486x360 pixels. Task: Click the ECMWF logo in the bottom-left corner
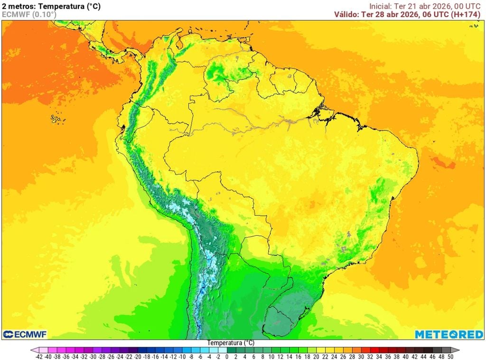[x=25, y=334]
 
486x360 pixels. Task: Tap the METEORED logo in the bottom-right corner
[x=449, y=334]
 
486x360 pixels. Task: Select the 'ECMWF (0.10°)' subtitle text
[x=29, y=15]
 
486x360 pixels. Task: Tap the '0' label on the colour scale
[x=227, y=356]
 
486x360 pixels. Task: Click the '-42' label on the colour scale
[x=39, y=356]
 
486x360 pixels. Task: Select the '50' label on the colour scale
[x=450, y=356]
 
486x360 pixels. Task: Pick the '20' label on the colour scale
[x=316, y=356]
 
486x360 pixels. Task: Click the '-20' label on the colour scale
[x=138, y=356]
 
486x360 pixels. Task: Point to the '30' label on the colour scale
[x=361, y=356]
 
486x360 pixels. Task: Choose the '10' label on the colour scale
[x=271, y=356]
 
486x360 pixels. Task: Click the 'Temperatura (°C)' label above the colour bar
[x=231, y=342]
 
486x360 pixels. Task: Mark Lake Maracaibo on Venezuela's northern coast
[x=179, y=45]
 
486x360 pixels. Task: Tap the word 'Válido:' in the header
[x=346, y=14]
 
